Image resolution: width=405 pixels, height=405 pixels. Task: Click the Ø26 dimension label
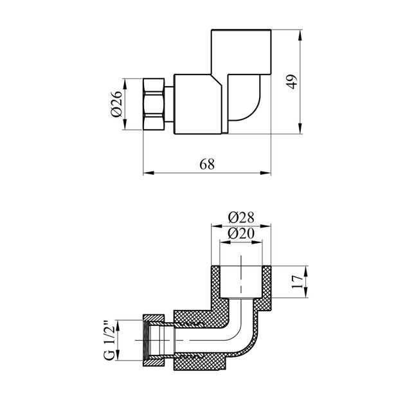(x=116, y=105)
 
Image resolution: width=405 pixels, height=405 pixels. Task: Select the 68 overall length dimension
(x=206, y=164)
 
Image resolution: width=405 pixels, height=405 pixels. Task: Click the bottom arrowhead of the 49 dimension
(x=301, y=131)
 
